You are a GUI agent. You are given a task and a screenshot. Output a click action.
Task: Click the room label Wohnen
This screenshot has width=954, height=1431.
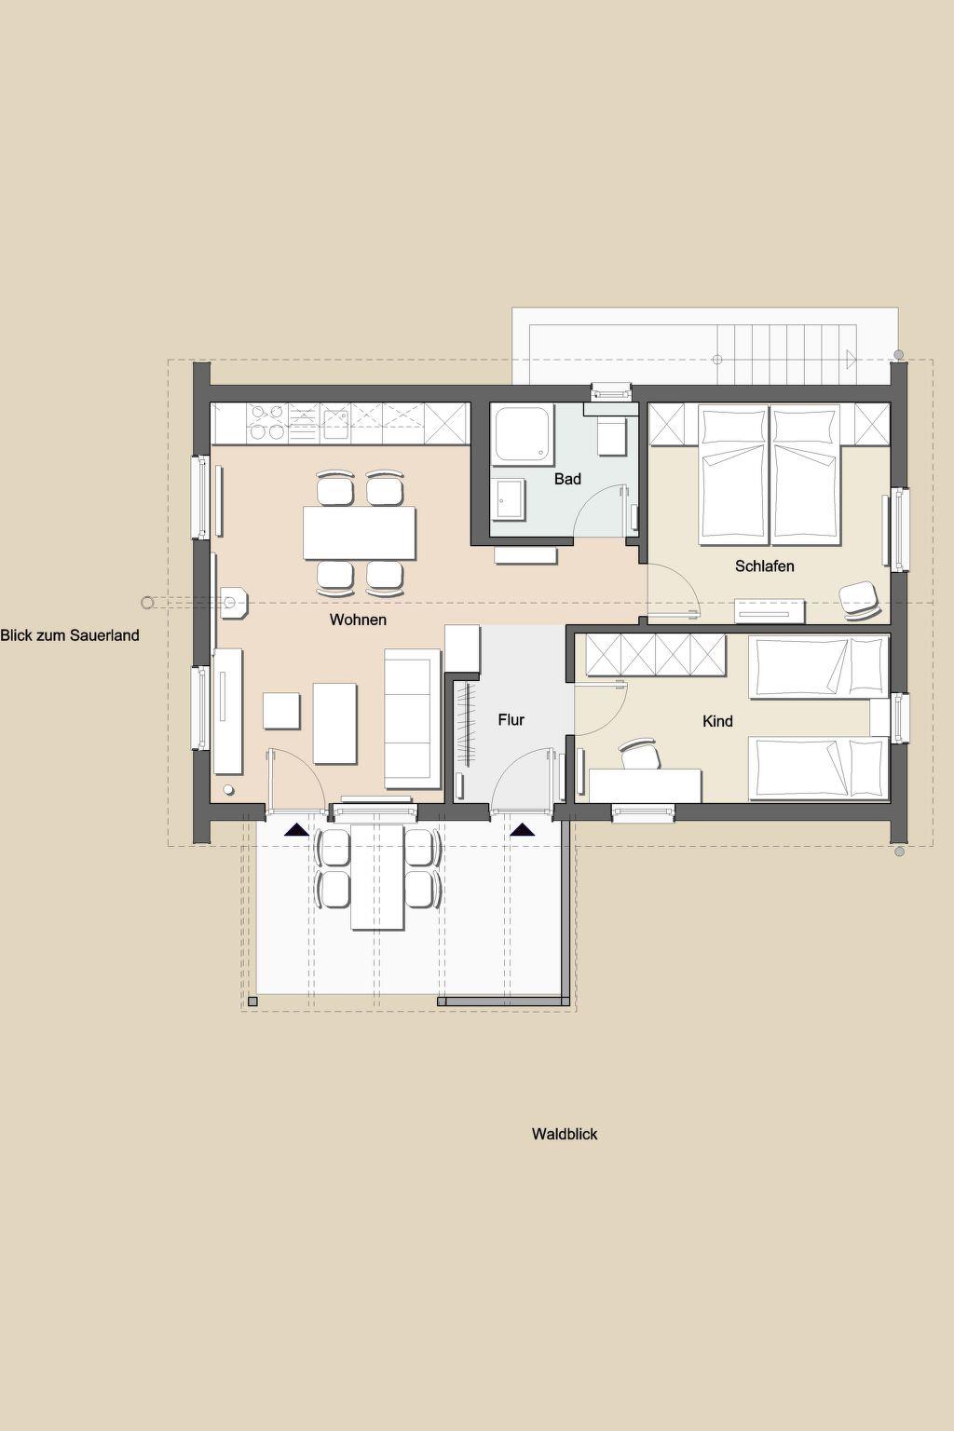click(x=358, y=620)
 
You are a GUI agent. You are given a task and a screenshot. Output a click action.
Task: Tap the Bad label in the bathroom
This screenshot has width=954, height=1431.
click(x=567, y=479)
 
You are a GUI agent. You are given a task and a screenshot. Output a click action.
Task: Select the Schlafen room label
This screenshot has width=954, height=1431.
click(x=764, y=566)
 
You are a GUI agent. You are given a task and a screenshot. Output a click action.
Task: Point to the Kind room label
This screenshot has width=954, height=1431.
click(x=717, y=721)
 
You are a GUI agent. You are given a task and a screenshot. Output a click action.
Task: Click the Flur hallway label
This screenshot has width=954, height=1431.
click(x=511, y=720)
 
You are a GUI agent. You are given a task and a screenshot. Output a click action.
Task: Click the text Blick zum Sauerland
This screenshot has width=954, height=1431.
click(x=70, y=635)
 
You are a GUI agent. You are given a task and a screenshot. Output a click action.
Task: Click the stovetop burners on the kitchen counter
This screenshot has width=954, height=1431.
click(x=267, y=423)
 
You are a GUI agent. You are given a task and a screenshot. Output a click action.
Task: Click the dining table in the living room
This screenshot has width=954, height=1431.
click(x=359, y=532)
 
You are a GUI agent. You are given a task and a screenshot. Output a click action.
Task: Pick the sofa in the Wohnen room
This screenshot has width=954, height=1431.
click(x=412, y=718)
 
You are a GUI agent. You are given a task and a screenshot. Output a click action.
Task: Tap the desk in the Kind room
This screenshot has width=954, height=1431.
click(x=645, y=785)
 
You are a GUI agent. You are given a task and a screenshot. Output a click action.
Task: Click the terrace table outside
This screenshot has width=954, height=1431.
click(x=377, y=877)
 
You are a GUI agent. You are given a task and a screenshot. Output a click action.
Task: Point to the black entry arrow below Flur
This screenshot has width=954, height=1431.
click(x=523, y=830)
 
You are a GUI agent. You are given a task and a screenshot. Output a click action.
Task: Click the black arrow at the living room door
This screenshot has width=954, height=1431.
click(x=297, y=830)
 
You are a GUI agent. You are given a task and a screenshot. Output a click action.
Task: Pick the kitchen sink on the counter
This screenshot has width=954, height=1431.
click(x=334, y=424)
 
